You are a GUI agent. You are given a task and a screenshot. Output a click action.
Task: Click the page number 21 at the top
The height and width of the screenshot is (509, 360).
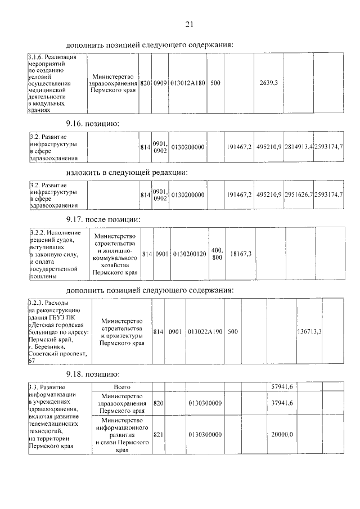pos(189,24)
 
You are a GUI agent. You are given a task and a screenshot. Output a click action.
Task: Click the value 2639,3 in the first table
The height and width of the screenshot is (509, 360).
pos(268,83)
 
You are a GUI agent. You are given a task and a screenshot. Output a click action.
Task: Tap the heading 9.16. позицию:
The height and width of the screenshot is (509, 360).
pos(92,123)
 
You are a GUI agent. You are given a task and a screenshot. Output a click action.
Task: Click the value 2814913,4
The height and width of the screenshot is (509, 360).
pos(298,147)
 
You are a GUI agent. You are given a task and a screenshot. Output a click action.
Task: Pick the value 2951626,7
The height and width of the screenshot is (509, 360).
pos(298,195)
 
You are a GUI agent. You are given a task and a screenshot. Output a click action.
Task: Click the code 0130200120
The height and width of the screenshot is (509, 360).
pos(189,254)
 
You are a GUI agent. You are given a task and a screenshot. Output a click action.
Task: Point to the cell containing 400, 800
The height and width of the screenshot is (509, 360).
pos(217,254)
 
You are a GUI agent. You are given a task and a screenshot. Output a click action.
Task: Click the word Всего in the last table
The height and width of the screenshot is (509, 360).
pos(121,387)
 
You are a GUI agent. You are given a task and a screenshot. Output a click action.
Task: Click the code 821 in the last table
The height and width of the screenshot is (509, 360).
pos(158,435)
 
